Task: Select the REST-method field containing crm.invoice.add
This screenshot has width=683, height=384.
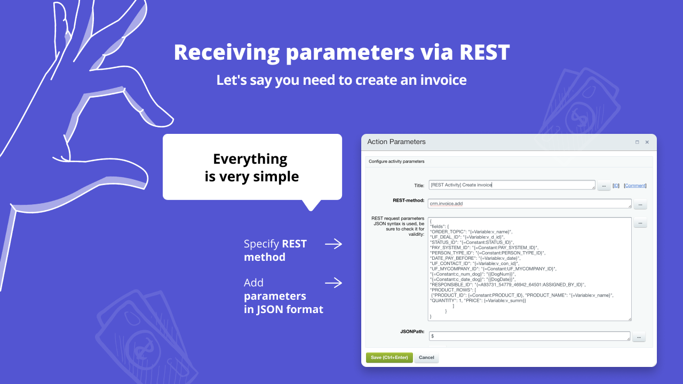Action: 529,204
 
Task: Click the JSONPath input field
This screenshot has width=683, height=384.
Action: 529,337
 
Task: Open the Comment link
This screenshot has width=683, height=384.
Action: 635,186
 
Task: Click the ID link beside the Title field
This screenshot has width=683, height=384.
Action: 616,186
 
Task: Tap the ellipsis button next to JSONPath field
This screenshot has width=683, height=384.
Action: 639,337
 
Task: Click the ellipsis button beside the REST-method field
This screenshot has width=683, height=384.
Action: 640,204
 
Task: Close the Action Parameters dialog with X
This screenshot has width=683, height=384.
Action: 647,142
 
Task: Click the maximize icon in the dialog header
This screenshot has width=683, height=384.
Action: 637,142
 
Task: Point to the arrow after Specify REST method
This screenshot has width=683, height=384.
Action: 333,244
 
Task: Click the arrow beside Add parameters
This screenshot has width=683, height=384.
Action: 333,283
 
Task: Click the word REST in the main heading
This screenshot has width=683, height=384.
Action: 484,52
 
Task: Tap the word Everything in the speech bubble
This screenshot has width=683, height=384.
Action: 250,159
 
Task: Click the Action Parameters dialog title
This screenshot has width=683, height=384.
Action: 396,142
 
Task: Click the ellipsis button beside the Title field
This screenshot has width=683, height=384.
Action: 604,186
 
